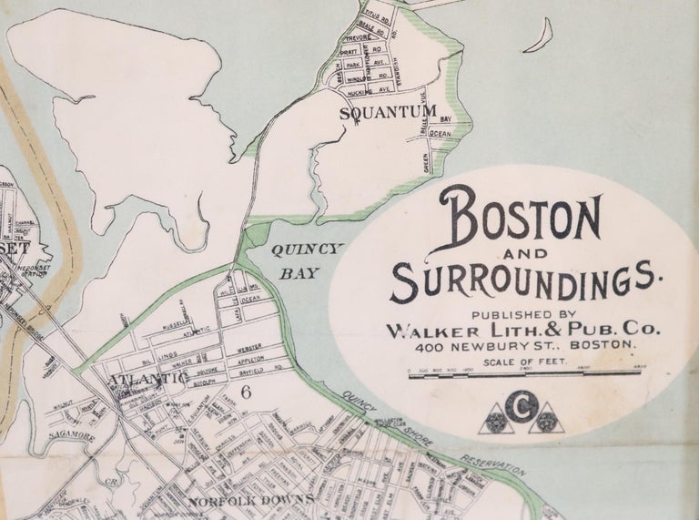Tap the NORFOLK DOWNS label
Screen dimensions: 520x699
251,500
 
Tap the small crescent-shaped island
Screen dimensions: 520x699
544,37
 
